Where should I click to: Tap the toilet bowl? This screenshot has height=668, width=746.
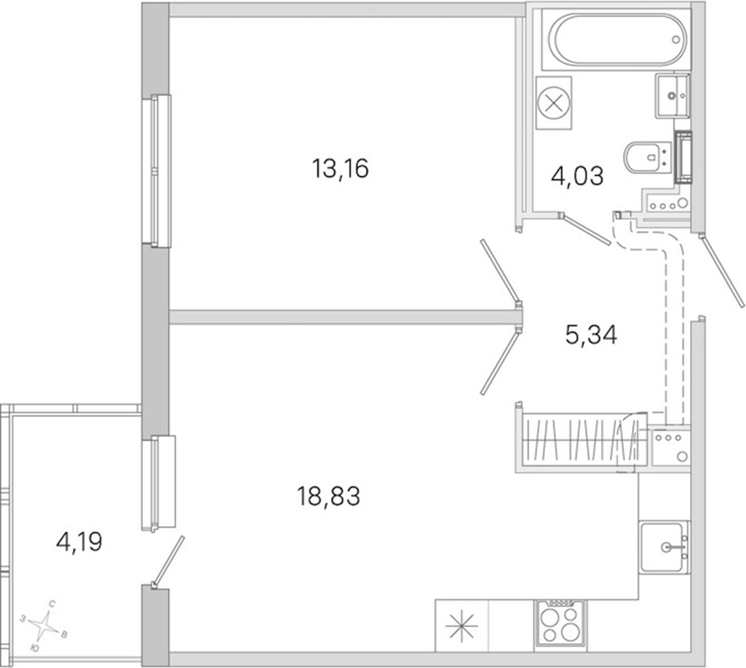647,157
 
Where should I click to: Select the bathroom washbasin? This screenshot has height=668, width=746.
672,95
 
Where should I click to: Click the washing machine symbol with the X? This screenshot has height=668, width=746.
553,103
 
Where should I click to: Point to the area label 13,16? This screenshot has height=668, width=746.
340,169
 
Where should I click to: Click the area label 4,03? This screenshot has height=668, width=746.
577,175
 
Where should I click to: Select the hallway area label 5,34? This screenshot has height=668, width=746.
591,335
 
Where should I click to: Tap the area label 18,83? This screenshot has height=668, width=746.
328,496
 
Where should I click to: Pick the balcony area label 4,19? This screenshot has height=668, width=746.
79,542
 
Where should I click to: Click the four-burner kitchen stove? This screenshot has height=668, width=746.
560,623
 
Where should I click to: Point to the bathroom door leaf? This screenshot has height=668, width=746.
585,229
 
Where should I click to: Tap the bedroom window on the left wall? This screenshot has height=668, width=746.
157,171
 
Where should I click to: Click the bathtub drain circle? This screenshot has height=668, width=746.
676,40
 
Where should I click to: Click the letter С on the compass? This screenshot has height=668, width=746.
52,604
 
